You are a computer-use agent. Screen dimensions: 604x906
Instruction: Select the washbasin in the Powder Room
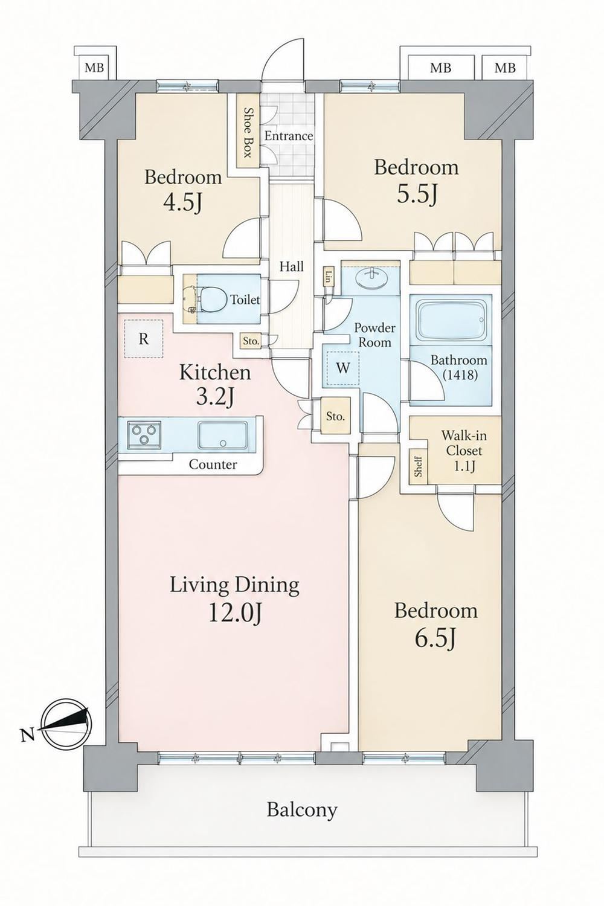370,279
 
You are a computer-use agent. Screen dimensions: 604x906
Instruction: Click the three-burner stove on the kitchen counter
144,434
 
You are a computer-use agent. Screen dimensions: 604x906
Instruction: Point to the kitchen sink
223,434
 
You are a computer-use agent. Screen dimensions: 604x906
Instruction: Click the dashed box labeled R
144,338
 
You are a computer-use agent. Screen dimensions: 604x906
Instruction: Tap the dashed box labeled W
344,368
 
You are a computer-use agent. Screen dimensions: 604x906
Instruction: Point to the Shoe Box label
247,133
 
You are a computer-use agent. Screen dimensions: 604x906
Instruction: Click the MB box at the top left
94,68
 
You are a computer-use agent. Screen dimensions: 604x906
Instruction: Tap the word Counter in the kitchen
213,464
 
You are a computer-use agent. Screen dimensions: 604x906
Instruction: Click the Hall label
292,266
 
